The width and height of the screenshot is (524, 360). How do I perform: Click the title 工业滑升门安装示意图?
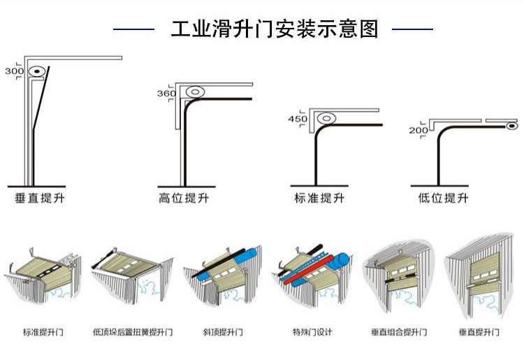click(275, 29)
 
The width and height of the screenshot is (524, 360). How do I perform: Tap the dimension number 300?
click(13, 71)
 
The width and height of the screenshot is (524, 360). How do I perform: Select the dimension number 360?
click(166, 94)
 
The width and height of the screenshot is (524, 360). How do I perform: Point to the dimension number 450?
click(298, 119)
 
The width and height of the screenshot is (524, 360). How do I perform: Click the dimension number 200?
click(419, 131)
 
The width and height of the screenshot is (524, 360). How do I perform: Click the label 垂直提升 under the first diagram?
click(40, 199)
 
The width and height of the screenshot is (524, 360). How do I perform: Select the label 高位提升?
click(184, 199)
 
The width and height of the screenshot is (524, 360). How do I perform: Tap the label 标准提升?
click(319, 199)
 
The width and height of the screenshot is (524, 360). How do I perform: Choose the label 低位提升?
click(443, 199)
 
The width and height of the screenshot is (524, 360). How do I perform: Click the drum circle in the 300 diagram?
click(36, 71)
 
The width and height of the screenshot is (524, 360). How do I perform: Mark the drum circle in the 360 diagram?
click(194, 92)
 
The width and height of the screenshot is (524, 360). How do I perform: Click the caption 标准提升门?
click(43, 332)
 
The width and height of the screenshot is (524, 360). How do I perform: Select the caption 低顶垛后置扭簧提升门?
click(133, 332)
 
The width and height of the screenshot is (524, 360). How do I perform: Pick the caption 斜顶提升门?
click(221, 332)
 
